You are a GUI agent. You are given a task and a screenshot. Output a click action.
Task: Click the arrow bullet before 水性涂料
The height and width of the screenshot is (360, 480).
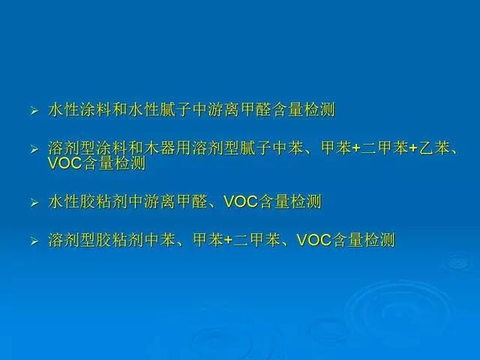click(x=34, y=112)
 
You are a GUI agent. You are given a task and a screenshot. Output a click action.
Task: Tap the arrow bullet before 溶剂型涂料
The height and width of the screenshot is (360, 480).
click(x=34, y=149)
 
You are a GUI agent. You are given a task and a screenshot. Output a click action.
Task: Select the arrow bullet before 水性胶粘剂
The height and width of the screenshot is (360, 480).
click(x=34, y=203)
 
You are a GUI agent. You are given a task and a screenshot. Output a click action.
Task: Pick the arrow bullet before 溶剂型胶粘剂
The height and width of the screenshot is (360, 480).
click(x=34, y=241)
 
